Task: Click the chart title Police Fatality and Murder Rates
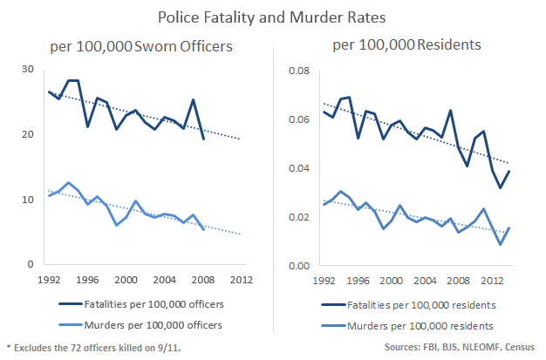tap(272, 17)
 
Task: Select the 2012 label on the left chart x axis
tap(240, 281)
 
